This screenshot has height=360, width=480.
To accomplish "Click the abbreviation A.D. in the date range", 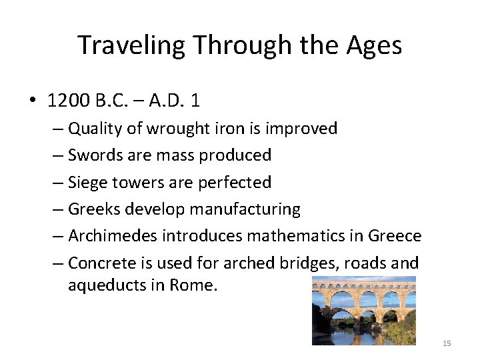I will (165, 101).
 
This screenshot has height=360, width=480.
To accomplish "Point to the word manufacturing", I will (245, 209).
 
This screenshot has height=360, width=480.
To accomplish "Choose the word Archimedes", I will (112, 235).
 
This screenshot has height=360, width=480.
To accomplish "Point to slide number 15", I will (447, 343).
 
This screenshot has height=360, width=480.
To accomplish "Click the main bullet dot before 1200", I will (31, 101).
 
